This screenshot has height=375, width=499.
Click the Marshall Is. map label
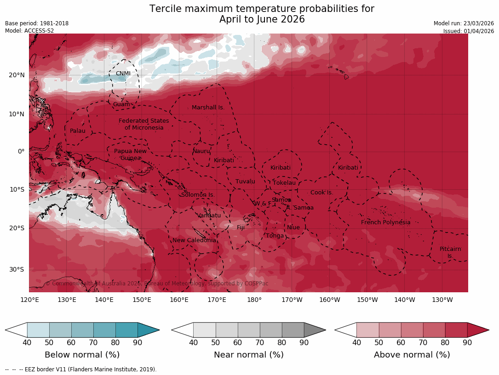(208, 108)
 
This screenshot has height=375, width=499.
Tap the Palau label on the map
(78, 131)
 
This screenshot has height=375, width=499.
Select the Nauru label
(201, 151)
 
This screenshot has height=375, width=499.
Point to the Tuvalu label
(245, 182)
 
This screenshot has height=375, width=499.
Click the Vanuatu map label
(209, 216)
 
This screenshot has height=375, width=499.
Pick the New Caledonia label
(194, 240)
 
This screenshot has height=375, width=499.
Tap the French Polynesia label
(385, 222)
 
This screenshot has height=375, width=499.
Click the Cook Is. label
(321, 193)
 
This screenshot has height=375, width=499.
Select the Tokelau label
(284, 183)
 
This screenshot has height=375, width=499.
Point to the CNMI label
(123, 74)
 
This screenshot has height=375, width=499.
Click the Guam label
(121, 104)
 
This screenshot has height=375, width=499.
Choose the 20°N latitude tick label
(17, 75)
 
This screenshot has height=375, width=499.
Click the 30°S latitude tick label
(17, 270)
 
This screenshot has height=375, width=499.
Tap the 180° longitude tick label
(254, 300)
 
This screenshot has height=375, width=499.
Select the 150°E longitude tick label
(142, 300)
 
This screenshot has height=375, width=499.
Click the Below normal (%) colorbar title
(82, 355)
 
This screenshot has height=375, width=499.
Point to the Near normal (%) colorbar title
(248, 355)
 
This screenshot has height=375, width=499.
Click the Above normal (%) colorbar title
(412, 355)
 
